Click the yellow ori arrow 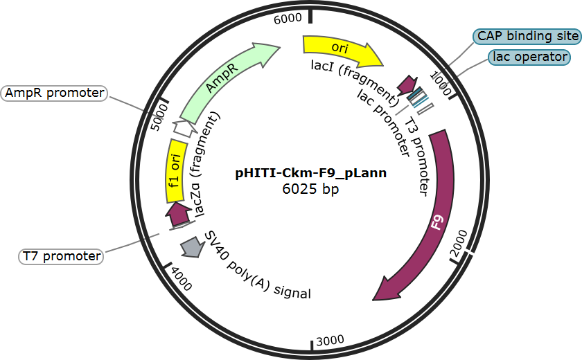pos(339,49)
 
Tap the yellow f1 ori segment pos(175,171)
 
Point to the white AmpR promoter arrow pos(185,128)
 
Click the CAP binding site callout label pos(527,36)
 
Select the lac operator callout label pos(529,57)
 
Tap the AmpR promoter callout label pos(54,93)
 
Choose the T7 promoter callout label pos(61,256)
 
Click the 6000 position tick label pos(288,19)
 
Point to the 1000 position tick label pos(441,83)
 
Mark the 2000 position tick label pos(459,243)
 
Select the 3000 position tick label pos(330,341)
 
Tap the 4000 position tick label pos(182,279)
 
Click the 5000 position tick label pos(160,117)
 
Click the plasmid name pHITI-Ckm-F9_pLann pos(311,173)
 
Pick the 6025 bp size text pos(310,189)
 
